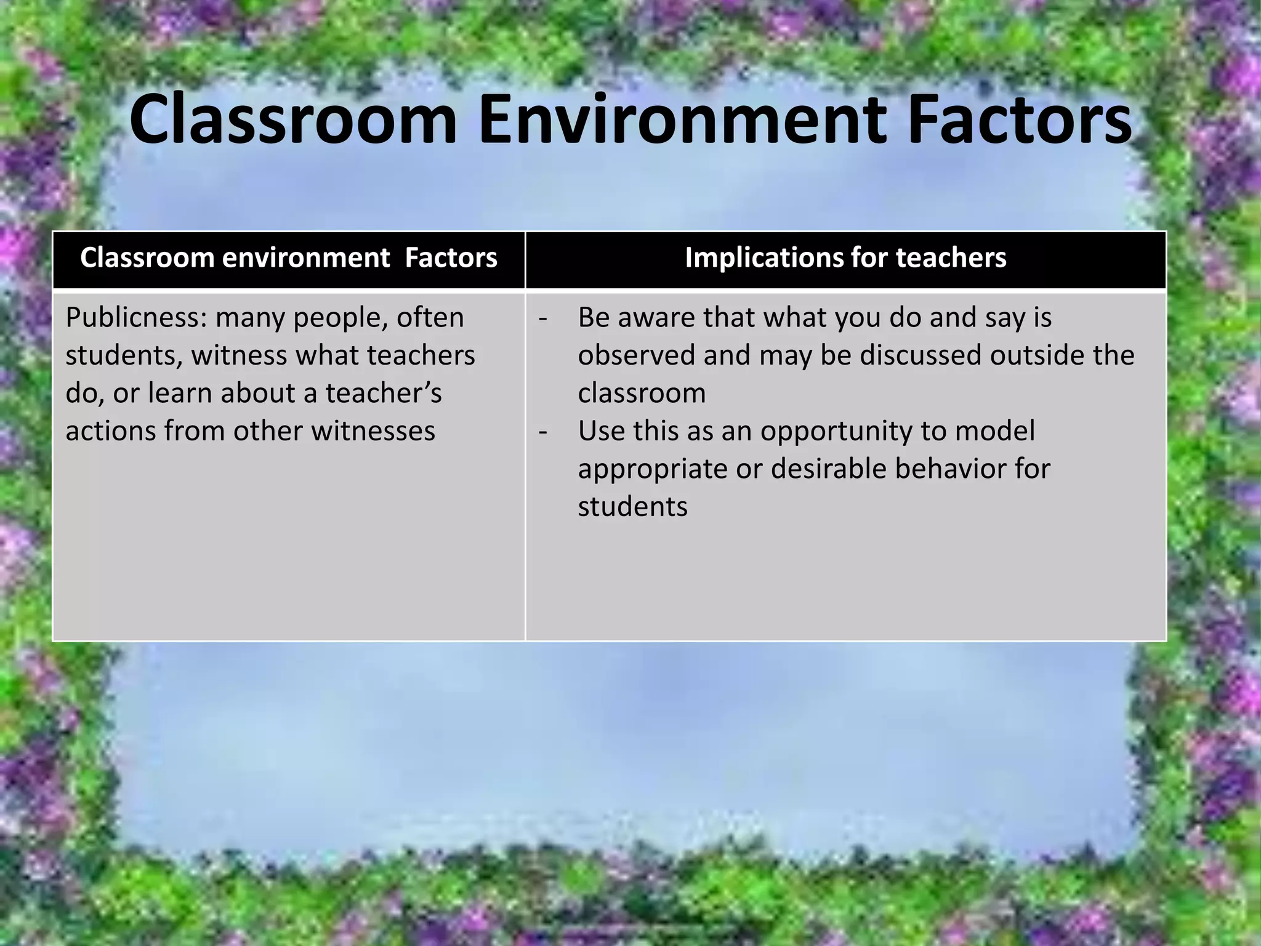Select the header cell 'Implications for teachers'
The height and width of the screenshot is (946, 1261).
pyautogui.click(x=845, y=258)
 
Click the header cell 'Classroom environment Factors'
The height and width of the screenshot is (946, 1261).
pyautogui.click(x=288, y=258)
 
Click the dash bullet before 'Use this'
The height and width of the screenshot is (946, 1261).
pyautogui.click(x=542, y=431)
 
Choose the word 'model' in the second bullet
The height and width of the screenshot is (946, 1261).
pyautogui.click(x=994, y=431)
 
